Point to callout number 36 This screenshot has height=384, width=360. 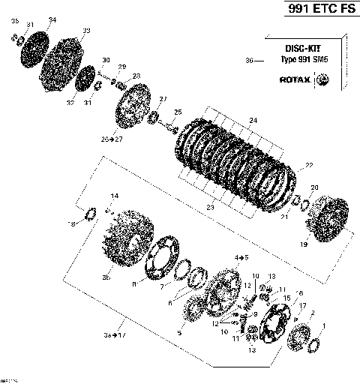pos(249,60)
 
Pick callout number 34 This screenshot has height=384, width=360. pos(51,19)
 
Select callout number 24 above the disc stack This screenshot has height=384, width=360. pos(253,120)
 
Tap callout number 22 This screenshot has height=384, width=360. pos(308,165)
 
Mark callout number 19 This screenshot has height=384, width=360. pos(303,244)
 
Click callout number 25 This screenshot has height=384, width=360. pos(178,112)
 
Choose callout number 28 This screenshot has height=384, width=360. pos(136,76)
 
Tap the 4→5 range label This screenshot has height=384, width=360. pos(241,256)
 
